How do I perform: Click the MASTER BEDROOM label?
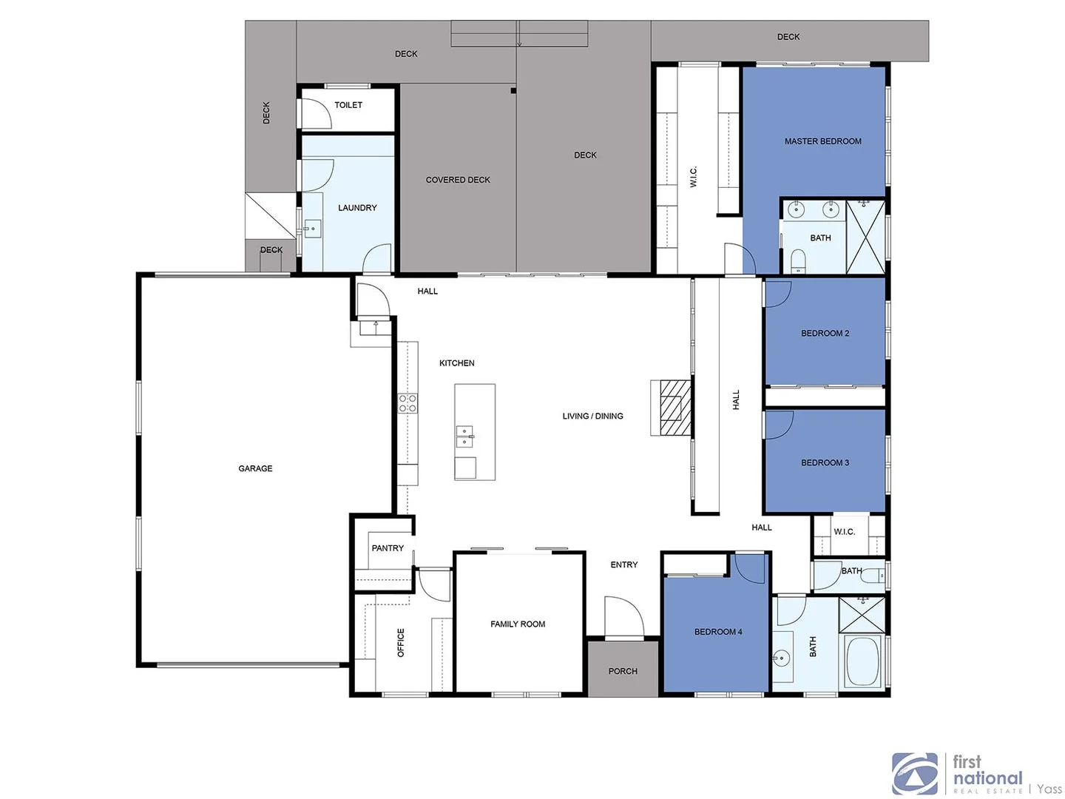click(822, 141)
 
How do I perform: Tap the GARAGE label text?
click(255, 468)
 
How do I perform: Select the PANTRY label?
click(388, 548)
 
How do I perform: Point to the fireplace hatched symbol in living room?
click(672, 407)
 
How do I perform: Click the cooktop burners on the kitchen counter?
click(408, 403)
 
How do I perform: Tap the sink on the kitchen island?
click(464, 436)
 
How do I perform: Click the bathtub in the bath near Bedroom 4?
click(862, 661)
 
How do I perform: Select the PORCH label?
click(623, 671)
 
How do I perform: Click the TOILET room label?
click(348, 105)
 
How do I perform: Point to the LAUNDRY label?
click(357, 208)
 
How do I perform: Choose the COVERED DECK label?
click(458, 180)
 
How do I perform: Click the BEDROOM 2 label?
click(825, 334)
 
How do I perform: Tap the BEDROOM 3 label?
click(825, 463)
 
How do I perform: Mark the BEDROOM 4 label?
click(718, 632)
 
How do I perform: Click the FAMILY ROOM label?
click(518, 624)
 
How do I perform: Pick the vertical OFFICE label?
click(401, 642)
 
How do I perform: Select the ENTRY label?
click(624, 564)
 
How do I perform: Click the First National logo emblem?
click(915, 774)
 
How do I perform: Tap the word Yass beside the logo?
click(1049, 789)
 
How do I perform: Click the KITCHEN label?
click(457, 363)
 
